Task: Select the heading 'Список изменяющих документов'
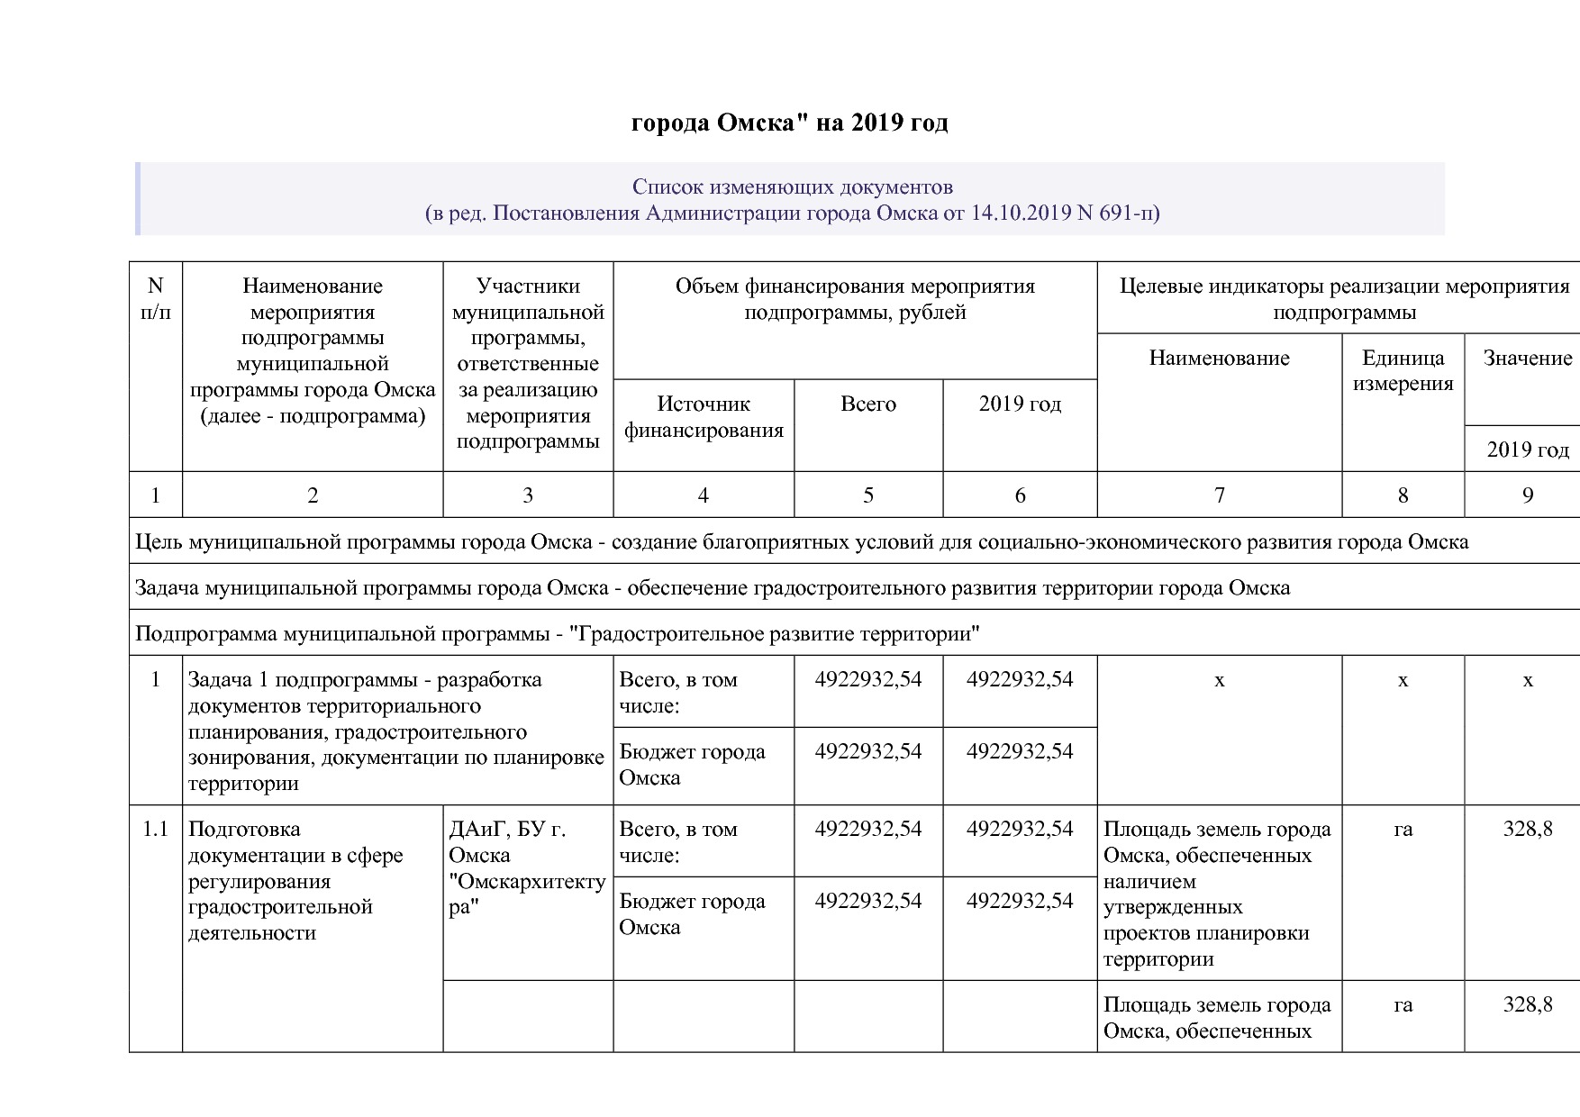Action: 792,187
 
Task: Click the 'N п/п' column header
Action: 155,299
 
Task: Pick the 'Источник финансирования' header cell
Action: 703,417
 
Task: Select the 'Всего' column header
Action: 867,404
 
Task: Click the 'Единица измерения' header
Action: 1402,371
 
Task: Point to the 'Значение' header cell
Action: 1527,359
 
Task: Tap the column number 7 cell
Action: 1219,495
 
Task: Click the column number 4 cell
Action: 703,495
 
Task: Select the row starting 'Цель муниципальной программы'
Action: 801,542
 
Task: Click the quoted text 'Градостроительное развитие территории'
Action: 775,634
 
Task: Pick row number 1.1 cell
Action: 155,830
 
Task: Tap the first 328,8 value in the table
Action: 1527,830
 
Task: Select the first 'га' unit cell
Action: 1402,830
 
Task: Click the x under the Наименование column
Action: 1219,681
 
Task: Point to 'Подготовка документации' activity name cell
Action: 295,880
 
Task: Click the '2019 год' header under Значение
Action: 1527,450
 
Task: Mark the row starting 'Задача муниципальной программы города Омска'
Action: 712,588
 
